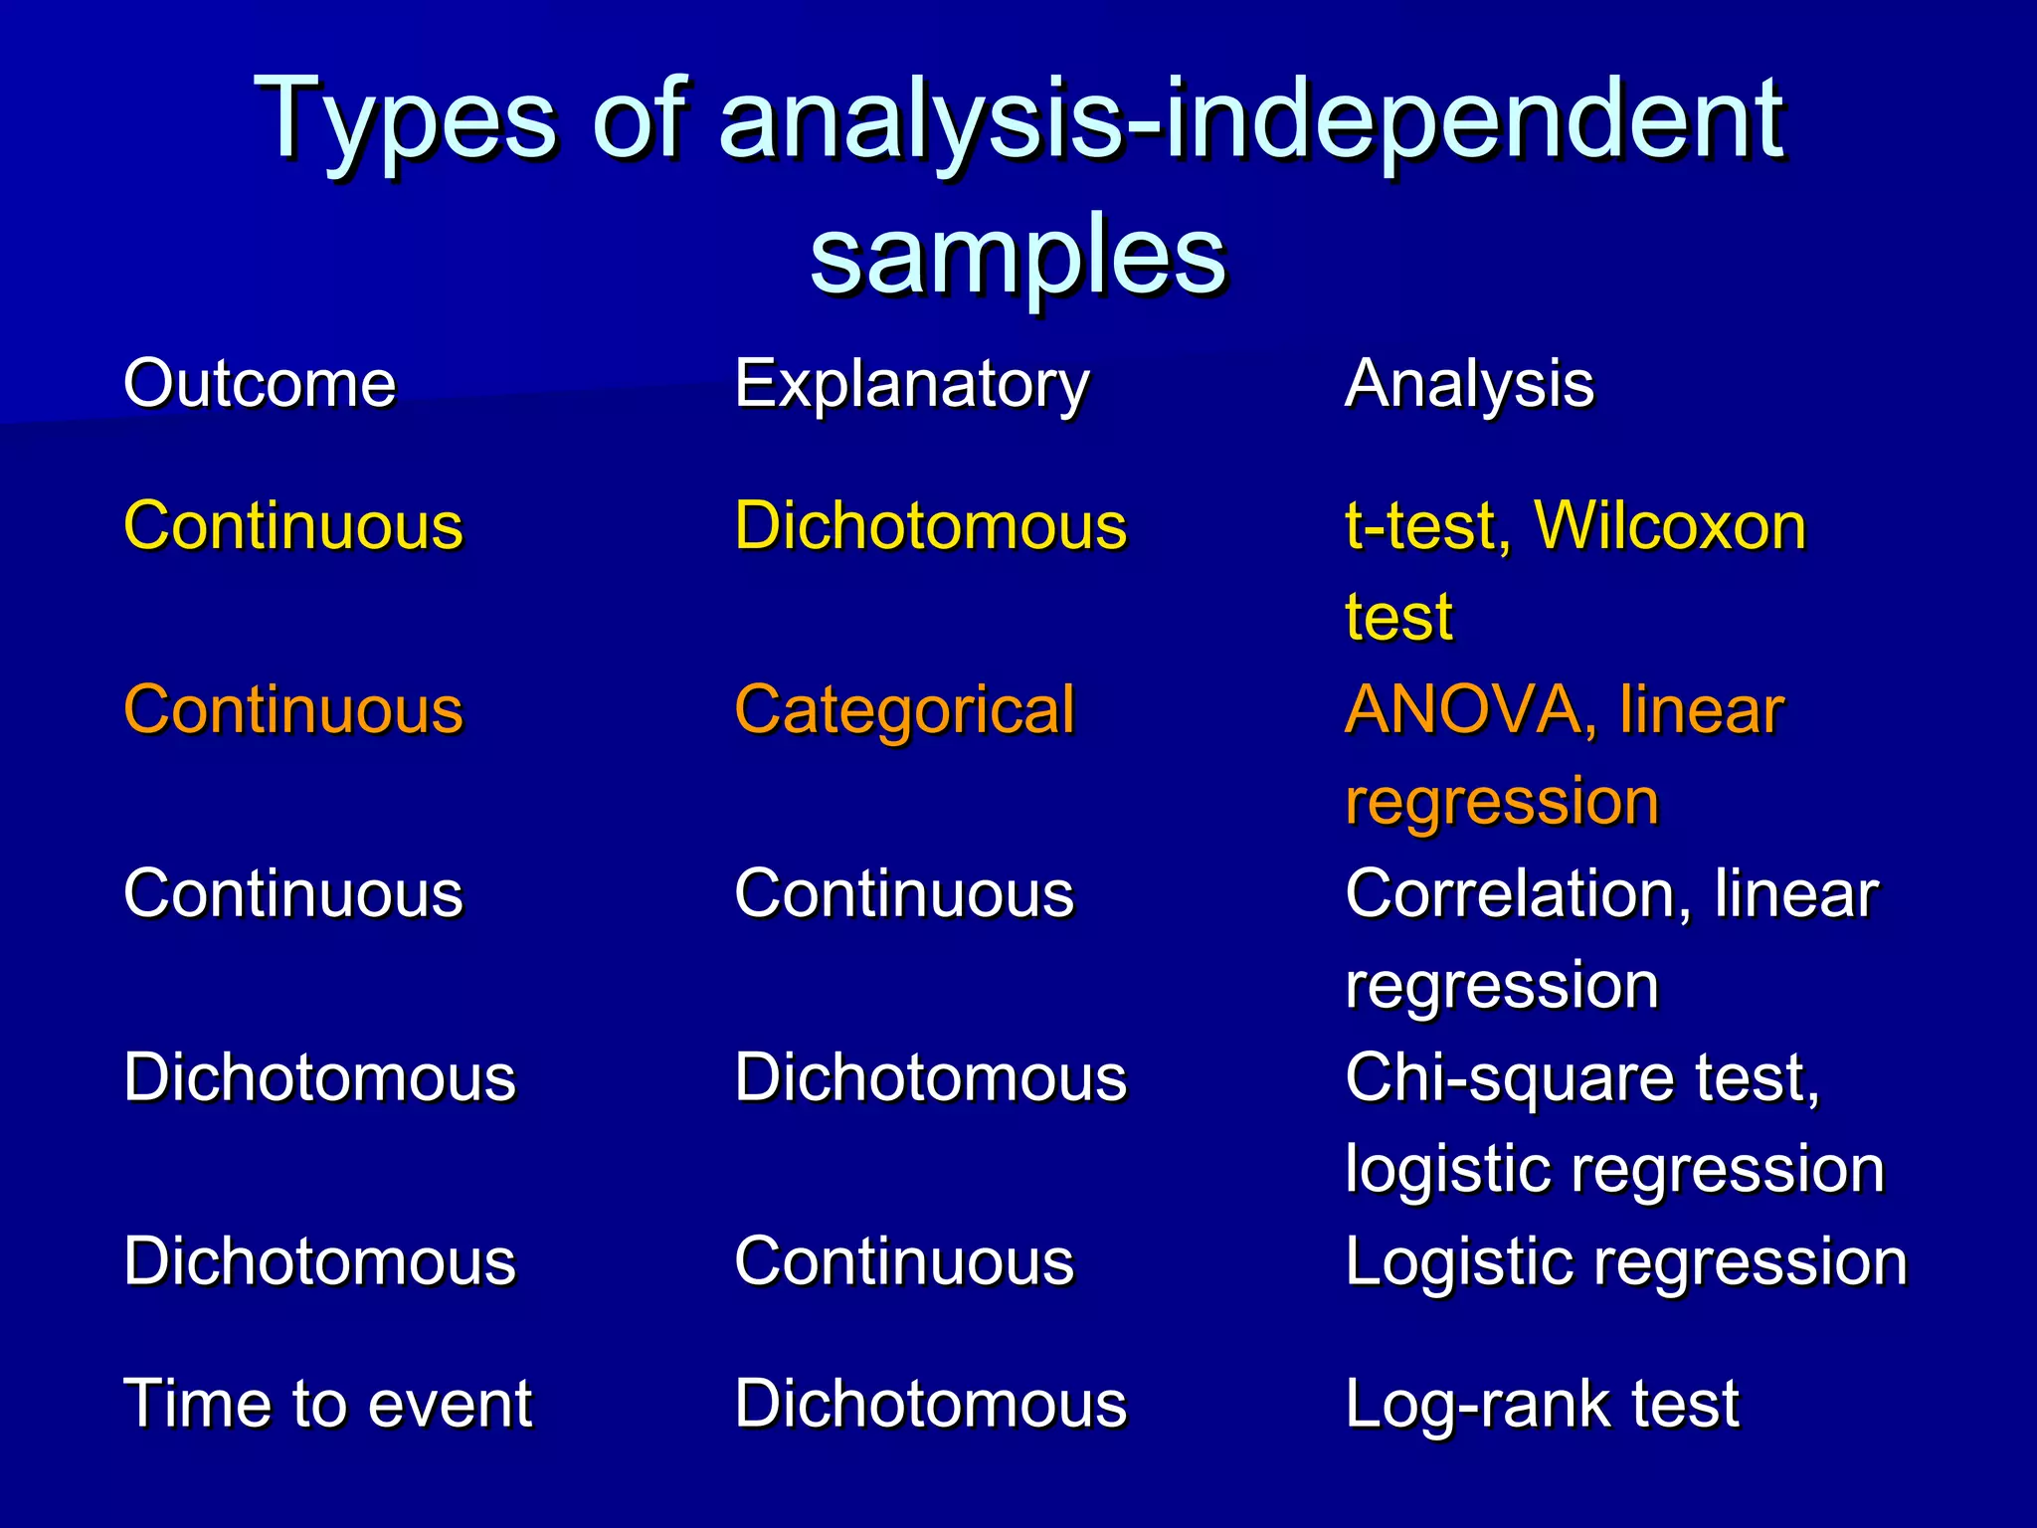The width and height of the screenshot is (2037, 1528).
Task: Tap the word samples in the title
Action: click(x=1018, y=257)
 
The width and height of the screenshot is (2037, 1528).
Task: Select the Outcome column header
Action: click(x=260, y=383)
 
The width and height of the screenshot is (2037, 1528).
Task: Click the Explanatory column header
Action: click(x=912, y=385)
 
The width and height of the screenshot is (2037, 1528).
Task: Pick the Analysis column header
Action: click(x=1469, y=385)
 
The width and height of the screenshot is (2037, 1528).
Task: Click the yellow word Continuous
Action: click(x=293, y=525)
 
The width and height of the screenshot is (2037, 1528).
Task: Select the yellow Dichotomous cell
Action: click(x=930, y=525)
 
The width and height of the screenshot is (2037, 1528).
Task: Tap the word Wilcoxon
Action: click(x=1670, y=525)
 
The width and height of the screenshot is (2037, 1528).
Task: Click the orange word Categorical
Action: click(x=904, y=710)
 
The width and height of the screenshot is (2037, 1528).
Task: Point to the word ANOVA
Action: click(x=1463, y=710)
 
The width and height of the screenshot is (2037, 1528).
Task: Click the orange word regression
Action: click(x=1502, y=802)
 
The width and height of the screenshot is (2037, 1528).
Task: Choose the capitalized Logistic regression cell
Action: click(x=1626, y=1262)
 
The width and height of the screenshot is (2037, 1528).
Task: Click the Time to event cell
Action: click(x=327, y=1404)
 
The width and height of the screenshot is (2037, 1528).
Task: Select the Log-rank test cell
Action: click(x=1542, y=1404)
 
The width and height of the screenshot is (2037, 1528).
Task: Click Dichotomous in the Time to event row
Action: click(x=930, y=1404)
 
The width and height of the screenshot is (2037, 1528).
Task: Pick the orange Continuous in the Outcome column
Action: click(x=293, y=710)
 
